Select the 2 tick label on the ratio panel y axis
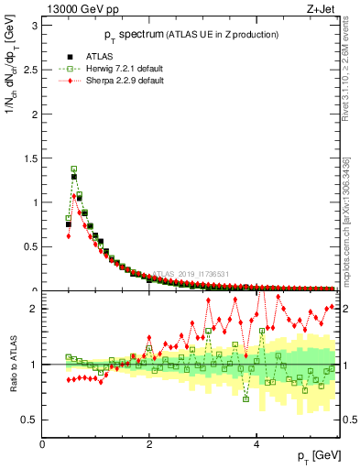32,309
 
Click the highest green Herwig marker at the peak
74,169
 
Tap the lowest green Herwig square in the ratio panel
245,398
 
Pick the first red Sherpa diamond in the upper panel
69,235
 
